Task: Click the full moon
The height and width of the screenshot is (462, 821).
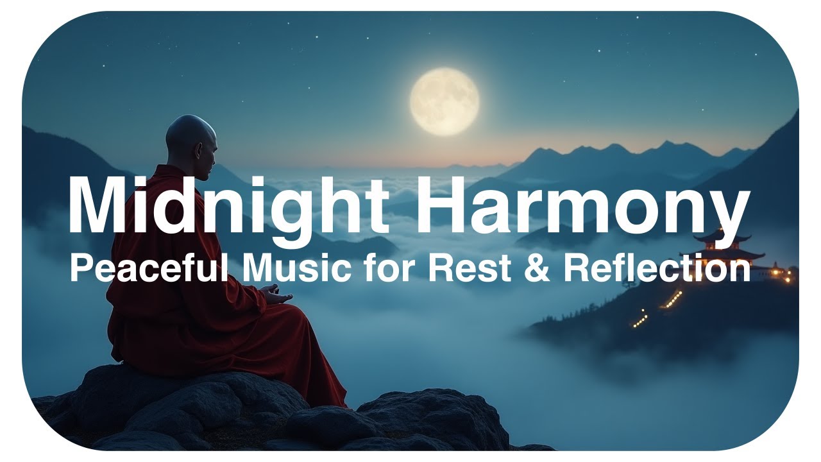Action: [x=444, y=102]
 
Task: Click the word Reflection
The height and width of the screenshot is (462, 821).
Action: [x=657, y=268]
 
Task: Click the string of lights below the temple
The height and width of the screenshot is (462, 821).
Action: [x=670, y=300]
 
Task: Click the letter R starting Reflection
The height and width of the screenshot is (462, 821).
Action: [x=576, y=268]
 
